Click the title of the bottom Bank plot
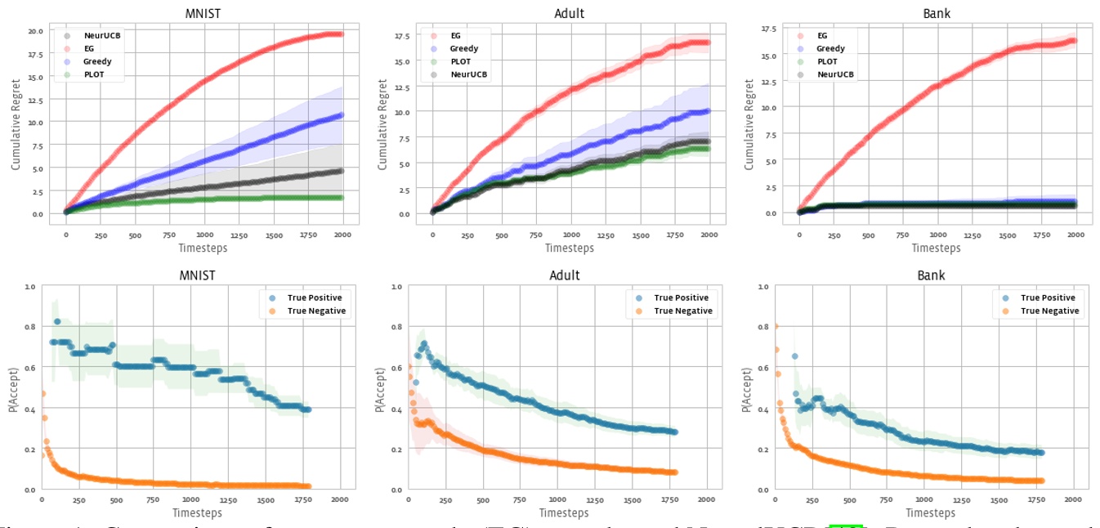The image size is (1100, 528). tap(930, 275)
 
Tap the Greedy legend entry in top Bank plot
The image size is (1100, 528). tap(831, 48)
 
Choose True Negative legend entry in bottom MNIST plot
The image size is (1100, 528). tap(316, 311)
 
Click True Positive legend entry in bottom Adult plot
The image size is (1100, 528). tap(682, 298)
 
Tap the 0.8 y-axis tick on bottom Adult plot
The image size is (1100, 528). tap(395, 327)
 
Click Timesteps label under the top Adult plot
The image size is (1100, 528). tap(570, 247)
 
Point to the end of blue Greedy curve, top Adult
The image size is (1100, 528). tap(707, 110)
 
